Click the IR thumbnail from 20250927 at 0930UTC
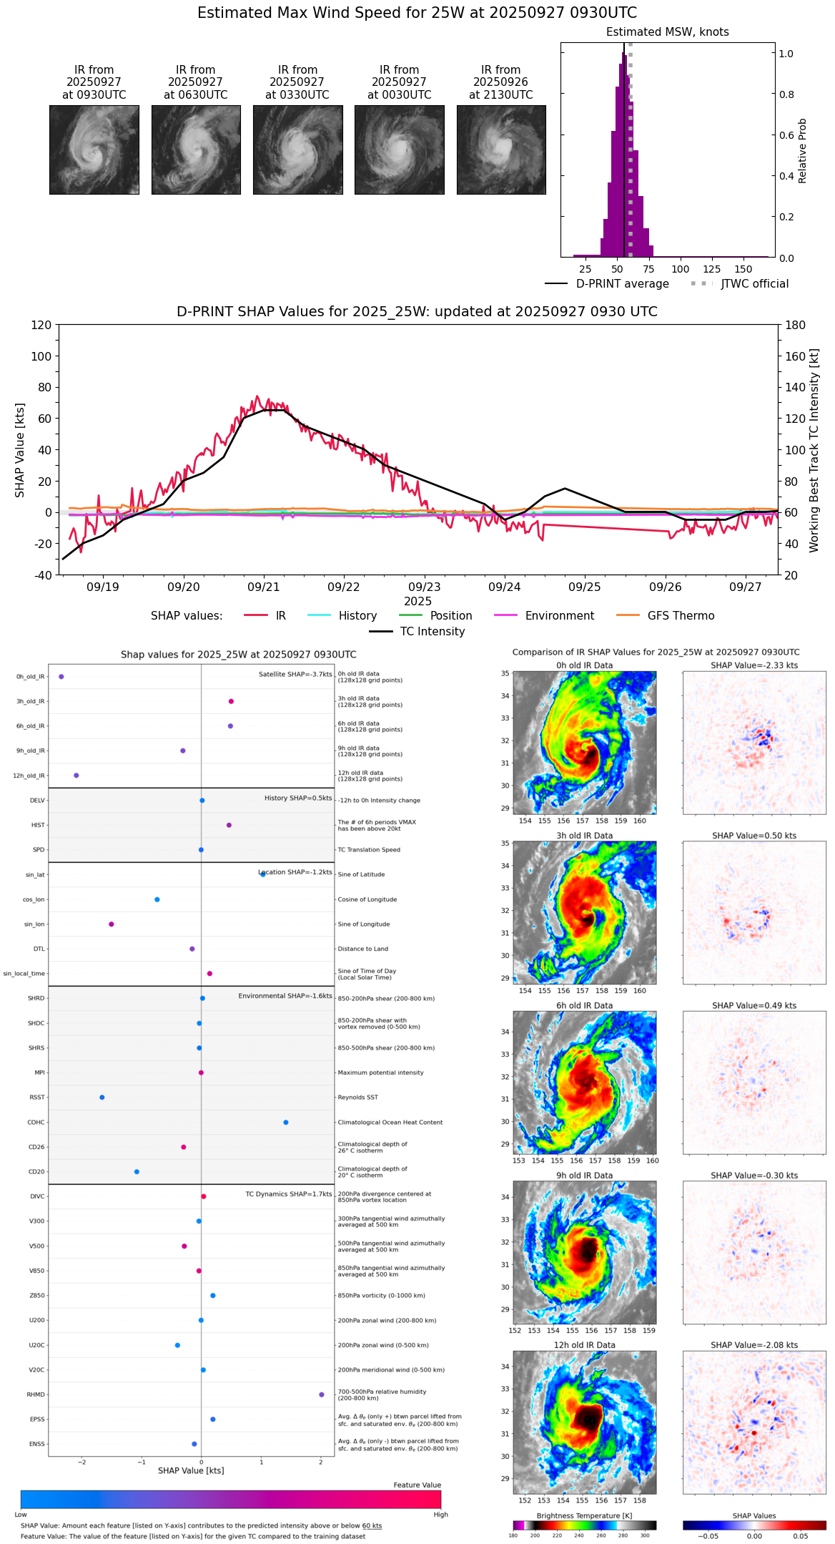tap(94, 150)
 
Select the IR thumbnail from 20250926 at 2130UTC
tap(501, 150)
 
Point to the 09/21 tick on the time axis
tap(264, 587)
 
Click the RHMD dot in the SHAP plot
tap(322, 1394)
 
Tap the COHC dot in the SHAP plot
tap(286, 1123)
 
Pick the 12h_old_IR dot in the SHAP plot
tap(76, 776)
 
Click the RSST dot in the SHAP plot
tap(102, 1098)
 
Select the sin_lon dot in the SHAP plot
tap(112, 924)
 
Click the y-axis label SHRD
tap(36, 998)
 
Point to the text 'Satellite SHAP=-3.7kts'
tap(295, 675)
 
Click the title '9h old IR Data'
tap(584, 1176)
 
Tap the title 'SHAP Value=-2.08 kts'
tap(754, 1345)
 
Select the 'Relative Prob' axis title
tap(802, 151)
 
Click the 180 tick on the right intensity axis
tap(796, 326)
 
